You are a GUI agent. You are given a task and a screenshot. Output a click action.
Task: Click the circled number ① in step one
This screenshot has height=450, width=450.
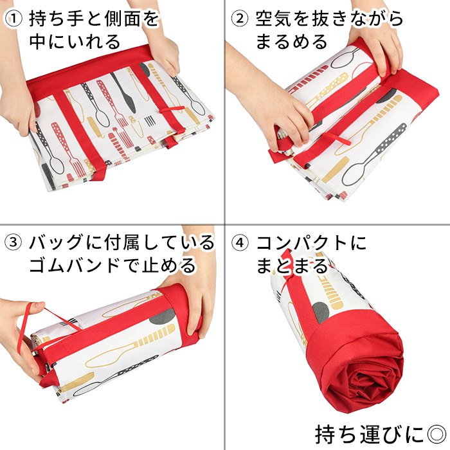point(14,19)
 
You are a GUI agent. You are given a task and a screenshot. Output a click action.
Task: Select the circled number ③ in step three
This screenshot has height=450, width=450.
point(14,243)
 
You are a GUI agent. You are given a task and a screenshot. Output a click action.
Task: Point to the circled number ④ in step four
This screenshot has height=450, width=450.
point(240,243)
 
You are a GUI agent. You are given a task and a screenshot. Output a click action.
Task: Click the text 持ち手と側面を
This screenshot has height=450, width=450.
point(94,19)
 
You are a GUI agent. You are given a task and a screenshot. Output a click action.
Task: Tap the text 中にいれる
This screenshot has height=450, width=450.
point(75,42)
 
